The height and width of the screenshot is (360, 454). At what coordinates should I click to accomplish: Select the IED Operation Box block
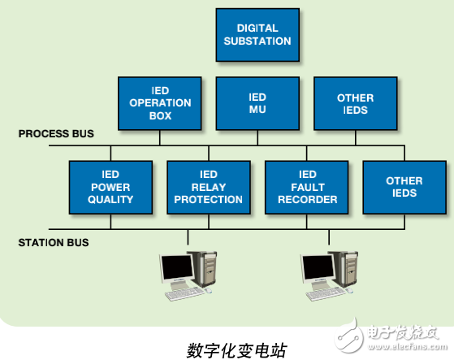point(160,103)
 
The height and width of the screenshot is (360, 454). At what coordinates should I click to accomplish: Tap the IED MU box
point(257,103)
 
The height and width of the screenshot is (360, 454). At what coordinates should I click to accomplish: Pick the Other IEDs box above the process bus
point(355,103)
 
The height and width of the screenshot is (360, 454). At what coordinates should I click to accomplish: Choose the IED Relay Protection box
point(209,187)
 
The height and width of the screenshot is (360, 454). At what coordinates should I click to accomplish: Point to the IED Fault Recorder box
point(307,187)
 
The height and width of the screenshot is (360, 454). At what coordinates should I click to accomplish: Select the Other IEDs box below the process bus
point(404,187)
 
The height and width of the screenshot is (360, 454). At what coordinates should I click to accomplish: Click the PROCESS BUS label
point(56,133)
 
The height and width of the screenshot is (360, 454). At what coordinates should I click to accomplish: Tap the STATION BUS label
point(54,242)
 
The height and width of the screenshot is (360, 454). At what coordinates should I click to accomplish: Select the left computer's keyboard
point(180,294)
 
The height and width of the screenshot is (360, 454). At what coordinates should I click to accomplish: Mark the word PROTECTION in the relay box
point(209,199)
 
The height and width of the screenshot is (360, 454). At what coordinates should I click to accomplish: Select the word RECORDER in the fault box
point(307,199)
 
